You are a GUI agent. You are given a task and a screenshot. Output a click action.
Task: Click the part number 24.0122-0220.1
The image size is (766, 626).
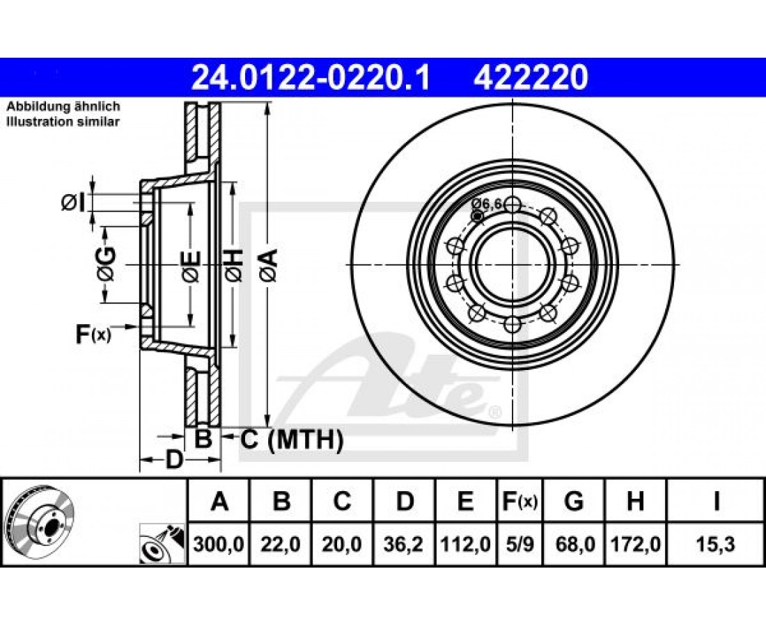click(x=311, y=78)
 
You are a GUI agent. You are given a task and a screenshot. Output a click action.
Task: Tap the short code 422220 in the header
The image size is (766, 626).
click(x=530, y=78)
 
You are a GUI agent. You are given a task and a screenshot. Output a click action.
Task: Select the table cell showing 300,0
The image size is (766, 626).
click(x=219, y=543)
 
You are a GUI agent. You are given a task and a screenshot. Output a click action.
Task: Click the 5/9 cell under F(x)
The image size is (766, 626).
click(x=519, y=543)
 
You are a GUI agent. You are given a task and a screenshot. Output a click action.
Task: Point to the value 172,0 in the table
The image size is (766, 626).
click(x=635, y=543)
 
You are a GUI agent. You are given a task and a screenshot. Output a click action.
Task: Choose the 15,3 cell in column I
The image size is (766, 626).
click(x=716, y=543)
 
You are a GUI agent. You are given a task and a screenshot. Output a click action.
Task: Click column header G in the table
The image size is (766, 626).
click(x=574, y=501)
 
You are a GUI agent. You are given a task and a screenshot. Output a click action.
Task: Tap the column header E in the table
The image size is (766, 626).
click(x=465, y=501)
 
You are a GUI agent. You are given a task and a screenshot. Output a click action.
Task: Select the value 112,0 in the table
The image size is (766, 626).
click(x=465, y=543)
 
